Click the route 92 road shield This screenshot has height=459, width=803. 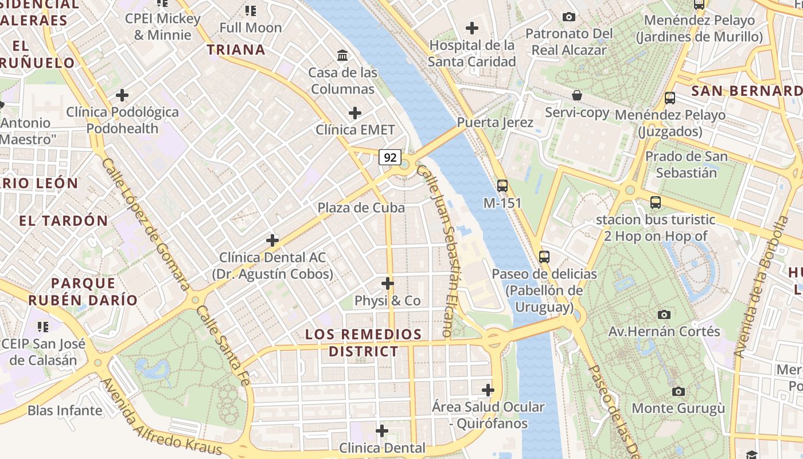click(x=390, y=157)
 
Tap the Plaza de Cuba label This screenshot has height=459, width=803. click(x=361, y=208)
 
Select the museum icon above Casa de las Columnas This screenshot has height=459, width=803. click(x=343, y=55)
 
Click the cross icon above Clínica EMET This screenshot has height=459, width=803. click(x=355, y=112)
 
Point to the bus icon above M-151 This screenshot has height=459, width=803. click(x=502, y=185)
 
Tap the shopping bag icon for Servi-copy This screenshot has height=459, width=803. click(x=577, y=95)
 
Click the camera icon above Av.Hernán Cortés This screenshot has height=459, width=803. click(x=664, y=314)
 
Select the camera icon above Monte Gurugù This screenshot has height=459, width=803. click(x=679, y=391)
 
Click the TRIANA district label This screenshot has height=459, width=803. click(x=236, y=50)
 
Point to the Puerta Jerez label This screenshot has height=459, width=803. click(x=495, y=122)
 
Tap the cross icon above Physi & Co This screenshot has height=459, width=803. click(x=388, y=283)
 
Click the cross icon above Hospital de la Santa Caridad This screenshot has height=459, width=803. click(x=472, y=28)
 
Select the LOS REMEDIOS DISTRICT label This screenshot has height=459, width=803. click(x=364, y=343)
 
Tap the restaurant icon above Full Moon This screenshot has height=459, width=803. click(x=251, y=10)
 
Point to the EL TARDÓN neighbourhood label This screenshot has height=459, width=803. click(x=64, y=221)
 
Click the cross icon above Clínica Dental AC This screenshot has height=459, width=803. click(x=272, y=240)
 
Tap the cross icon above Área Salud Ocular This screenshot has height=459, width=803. click(x=488, y=390)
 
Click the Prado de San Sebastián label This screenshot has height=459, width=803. click(x=686, y=164)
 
